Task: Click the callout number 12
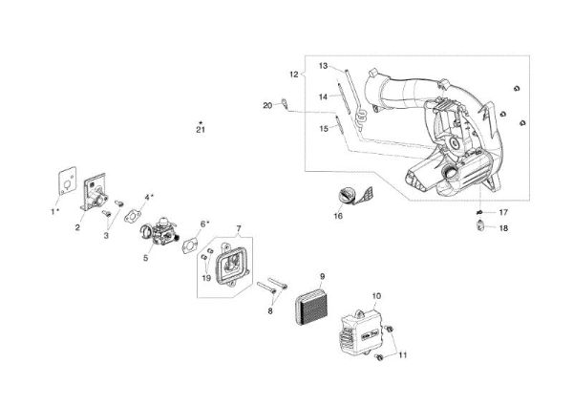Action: pyautogui.click(x=294, y=73)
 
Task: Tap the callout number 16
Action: pyautogui.click(x=337, y=217)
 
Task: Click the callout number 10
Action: pyautogui.click(x=376, y=296)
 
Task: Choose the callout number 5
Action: pyautogui.click(x=146, y=258)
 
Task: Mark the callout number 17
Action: pyautogui.click(x=503, y=211)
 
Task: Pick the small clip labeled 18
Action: pyautogui.click(x=479, y=225)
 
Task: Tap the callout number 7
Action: pyautogui.click(x=238, y=229)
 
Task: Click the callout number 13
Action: pyautogui.click(x=323, y=65)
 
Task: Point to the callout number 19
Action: pyautogui.click(x=206, y=277)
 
